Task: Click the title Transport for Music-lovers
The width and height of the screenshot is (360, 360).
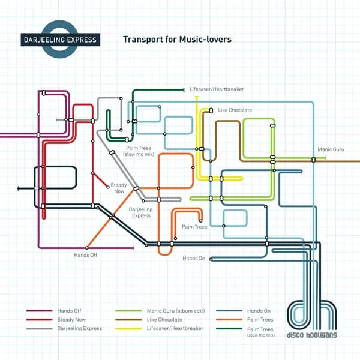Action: pyautogui.click(x=177, y=40)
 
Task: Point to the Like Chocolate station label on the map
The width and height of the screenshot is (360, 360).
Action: pyautogui.click(x=235, y=110)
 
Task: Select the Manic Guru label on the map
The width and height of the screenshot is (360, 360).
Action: pyautogui.click(x=331, y=148)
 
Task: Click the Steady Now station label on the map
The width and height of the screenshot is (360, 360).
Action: pyautogui.click(x=119, y=188)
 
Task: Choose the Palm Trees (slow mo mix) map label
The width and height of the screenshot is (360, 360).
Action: pyautogui.click(x=139, y=151)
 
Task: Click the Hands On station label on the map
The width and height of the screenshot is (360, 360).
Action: pyautogui.click(x=194, y=259)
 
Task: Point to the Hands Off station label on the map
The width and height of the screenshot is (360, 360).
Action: pyautogui.click(x=85, y=256)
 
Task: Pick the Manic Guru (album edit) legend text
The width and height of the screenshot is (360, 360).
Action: pyautogui.click(x=175, y=311)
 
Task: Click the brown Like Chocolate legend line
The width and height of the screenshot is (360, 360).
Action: pyautogui.click(x=128, y=320)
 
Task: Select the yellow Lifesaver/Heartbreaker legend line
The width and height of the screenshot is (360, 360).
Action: pyautogui.click(x=128, y=328)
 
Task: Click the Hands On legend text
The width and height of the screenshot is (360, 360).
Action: pyautogui.click(x=259, y=311)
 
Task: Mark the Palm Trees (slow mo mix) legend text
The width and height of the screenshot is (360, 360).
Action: pyautogui.click(x=260, y=331)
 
